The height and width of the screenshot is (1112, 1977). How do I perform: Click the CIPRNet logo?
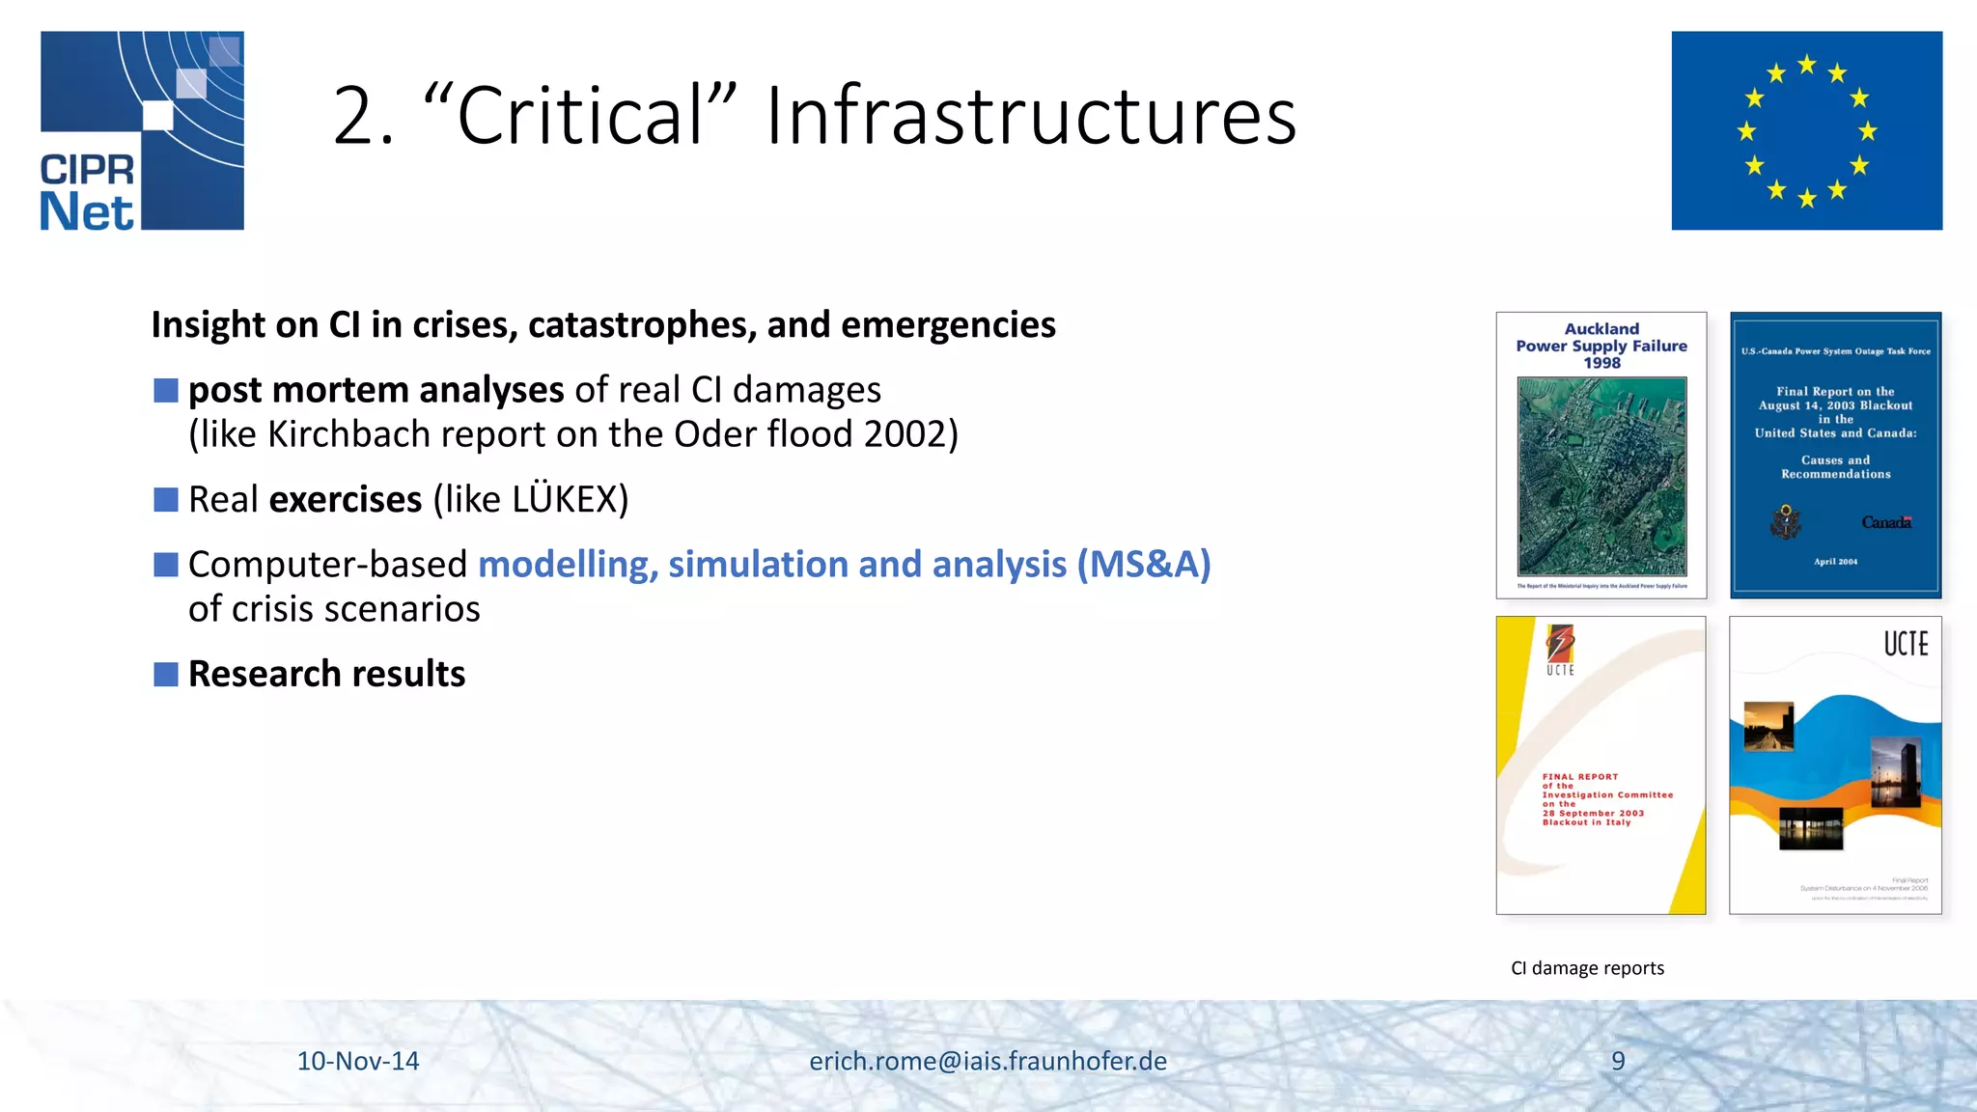click(x=142, y=130)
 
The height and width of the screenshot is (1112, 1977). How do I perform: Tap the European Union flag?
click(x=1806, y=130)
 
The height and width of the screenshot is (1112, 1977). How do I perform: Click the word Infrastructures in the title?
click(x=1031, y=116)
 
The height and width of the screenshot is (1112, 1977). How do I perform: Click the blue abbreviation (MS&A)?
click(x=1144, y=564)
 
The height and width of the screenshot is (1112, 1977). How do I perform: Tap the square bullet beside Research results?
click(x=166, y=674)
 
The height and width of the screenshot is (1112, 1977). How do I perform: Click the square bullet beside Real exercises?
click(x=166, y=499)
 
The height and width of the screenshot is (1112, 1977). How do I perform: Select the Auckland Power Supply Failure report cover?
click(x=1601, y=455)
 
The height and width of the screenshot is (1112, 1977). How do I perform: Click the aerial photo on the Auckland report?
click(x=1601, y=476)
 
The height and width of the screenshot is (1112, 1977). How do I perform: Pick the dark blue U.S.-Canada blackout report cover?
click(x=1835, y=455)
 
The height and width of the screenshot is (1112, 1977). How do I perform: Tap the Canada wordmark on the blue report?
click(x=1886, y=522)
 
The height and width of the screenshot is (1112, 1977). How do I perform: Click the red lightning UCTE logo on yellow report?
click(x=1560, y=643)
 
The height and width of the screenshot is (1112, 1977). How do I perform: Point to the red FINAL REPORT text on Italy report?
click(x=1579, y=776)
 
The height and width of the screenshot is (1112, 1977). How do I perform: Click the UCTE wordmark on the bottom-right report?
click(x=1906, y=644)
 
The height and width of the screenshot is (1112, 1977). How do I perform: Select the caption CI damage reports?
click(x=1587, y=968)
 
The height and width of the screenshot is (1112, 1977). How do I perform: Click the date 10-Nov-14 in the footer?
click(x=358, y=1061)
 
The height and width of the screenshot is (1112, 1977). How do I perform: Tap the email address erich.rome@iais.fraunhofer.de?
click(x=988, y=1061)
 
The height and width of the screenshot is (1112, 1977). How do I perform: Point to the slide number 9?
click(x=1618, y=1061)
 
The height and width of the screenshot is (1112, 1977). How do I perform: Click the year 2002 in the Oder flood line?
click(x=905, y=434)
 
